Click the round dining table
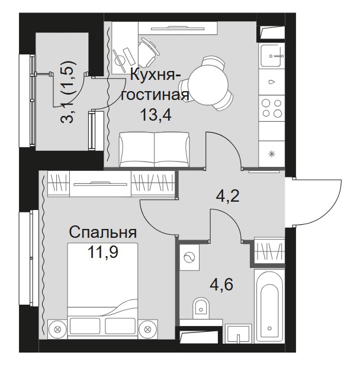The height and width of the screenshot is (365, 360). tap(208, 83)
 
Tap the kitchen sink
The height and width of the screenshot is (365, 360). tap(272, 56)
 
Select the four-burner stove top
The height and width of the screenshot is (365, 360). tap(272, 108)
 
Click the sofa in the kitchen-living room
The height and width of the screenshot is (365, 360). tap(154, 149)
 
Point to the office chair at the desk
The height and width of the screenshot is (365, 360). tap(147, 53)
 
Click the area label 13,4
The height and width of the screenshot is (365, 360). tap(156, 115)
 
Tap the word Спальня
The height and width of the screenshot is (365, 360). tap(103, 232)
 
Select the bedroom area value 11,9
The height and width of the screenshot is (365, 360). tap(103, 251)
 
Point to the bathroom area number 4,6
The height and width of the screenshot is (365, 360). tap(221, 285)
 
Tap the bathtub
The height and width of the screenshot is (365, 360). tap(269, 306)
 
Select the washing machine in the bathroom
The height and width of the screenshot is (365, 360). tap(189, 257)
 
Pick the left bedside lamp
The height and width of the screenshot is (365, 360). tap(57, 330)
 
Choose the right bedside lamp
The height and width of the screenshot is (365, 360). tap(147, 330)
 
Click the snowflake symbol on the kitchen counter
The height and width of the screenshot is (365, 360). tap(272, 154)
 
